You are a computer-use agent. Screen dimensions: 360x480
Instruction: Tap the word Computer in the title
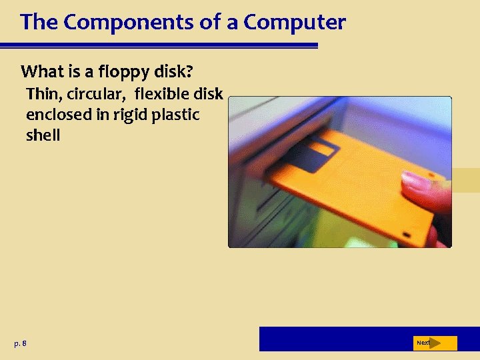pos(295,23)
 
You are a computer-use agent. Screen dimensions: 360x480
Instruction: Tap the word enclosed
pos(58,114)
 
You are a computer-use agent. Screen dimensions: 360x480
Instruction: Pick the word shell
pos(43,135)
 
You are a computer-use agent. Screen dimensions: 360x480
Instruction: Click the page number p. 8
pos(20,343)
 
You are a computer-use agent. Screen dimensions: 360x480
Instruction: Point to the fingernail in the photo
pos(415,181)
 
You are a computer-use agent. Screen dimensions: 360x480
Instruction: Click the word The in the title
pos(39,23)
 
